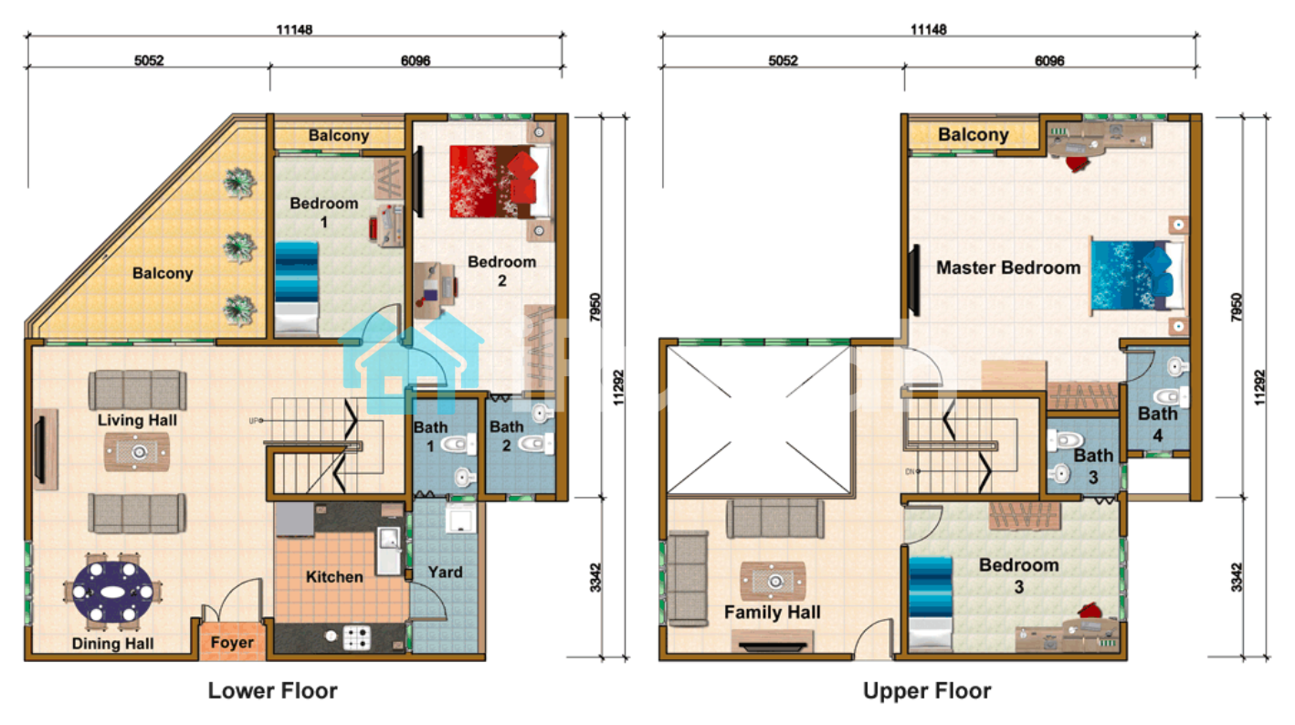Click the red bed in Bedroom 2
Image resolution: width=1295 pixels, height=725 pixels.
500,182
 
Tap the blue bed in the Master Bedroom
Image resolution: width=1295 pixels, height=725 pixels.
1137,276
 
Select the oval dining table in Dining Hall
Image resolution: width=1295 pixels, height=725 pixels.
113,592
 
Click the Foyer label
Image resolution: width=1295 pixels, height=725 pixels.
232,642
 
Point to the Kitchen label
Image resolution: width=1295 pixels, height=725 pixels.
334,576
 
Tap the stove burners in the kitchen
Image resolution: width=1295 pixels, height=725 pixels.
357,637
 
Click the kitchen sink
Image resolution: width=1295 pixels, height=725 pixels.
388,551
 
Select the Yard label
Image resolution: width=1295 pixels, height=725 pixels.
445,572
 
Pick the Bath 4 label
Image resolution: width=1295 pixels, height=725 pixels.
1157,425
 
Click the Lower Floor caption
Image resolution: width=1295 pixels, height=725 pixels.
272,690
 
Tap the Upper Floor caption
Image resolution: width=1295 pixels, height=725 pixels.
927,690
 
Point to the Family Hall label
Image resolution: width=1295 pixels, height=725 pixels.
772,612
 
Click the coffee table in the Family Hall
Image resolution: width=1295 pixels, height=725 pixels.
773,581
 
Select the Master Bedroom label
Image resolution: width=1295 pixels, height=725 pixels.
1008,268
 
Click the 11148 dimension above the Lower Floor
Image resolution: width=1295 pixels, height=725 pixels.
294,29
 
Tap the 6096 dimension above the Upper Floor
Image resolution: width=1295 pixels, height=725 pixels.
1049,60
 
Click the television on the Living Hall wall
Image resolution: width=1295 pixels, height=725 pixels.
40,449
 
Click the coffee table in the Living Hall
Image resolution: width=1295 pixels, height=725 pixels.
137,452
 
